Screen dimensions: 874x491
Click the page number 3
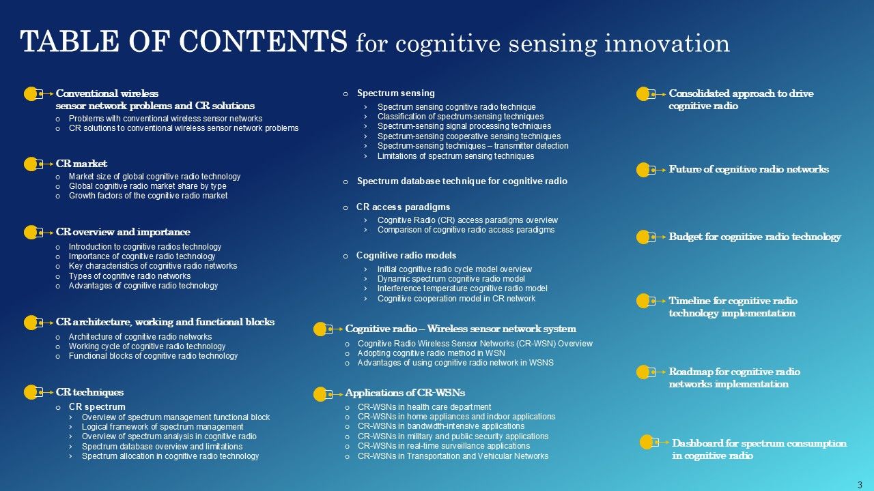pyautogui.click(x=860, y=484)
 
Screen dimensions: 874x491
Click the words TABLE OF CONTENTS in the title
pyautogui.click(x=184, y=42)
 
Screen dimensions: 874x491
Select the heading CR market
pyautogui.click(x=81, y=164)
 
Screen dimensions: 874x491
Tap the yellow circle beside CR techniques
pyautogui.click(x=31, y=392)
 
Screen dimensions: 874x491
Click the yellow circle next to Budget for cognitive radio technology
pyautogui.click(x=643, y=237)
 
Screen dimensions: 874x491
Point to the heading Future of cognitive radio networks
pyautogui.click(x=748, y=169)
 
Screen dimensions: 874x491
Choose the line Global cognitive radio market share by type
pyautogui.click(x=147, y=186)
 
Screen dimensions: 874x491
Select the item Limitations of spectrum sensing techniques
pyautogui.click(x=455, y=156)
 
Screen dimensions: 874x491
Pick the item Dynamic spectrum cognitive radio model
pyautogui.click(x=451, y=279)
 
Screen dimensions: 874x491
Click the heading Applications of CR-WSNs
pyautogui.click(x=405, y=393)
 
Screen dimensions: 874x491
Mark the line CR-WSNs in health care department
pyautogui.click(x=424, y=407)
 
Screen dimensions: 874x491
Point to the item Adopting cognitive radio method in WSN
pyautogui.click(x=431, y=353)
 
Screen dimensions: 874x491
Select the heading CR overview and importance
pyautogui.click(x=123, y=232)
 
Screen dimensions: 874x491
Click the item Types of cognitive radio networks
pyautogui.click(x=130, y=276)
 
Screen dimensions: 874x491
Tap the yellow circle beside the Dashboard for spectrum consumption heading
pyautogui.click(x=647, y=442)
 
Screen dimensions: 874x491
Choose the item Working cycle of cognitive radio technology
pyautogui.click(x=147, y=346)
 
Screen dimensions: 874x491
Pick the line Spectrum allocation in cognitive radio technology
pyautogui.click(x=170, y=456)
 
